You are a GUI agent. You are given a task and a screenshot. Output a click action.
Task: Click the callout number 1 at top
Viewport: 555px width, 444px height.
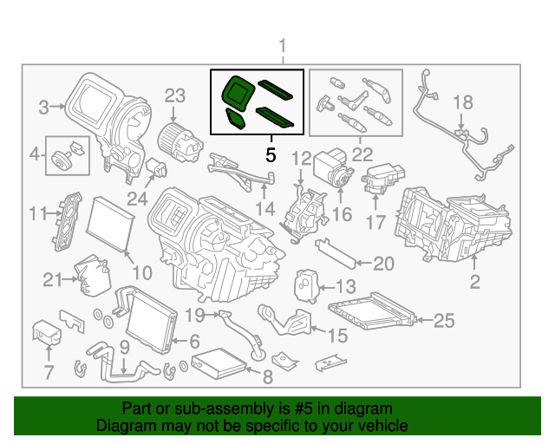pyautogui.click(x=281, y=46)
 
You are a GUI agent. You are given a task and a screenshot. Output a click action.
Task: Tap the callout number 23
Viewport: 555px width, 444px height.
pyautogui.click(x=175, y=95)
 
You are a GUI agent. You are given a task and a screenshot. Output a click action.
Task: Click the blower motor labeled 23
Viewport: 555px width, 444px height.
pyautogui.click(x=171, y=137)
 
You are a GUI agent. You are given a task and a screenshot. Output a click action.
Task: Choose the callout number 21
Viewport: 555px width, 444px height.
pyautogui.click(x=53, y=279)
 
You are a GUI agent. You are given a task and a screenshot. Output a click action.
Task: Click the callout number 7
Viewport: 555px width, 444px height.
pyautogui.click(x=49, y=373)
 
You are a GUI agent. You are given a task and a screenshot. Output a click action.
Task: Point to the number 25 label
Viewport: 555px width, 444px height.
pyautogui.click(x=443, y=321)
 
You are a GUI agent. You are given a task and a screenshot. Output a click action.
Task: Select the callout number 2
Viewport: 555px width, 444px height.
pyautogui.click(x=474, y=281)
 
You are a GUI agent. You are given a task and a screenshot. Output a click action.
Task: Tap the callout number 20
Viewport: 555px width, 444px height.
pyautogui.click(x=383, y=264)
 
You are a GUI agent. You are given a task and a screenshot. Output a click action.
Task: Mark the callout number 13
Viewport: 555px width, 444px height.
pyautogui.click(x=344, y=287)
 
